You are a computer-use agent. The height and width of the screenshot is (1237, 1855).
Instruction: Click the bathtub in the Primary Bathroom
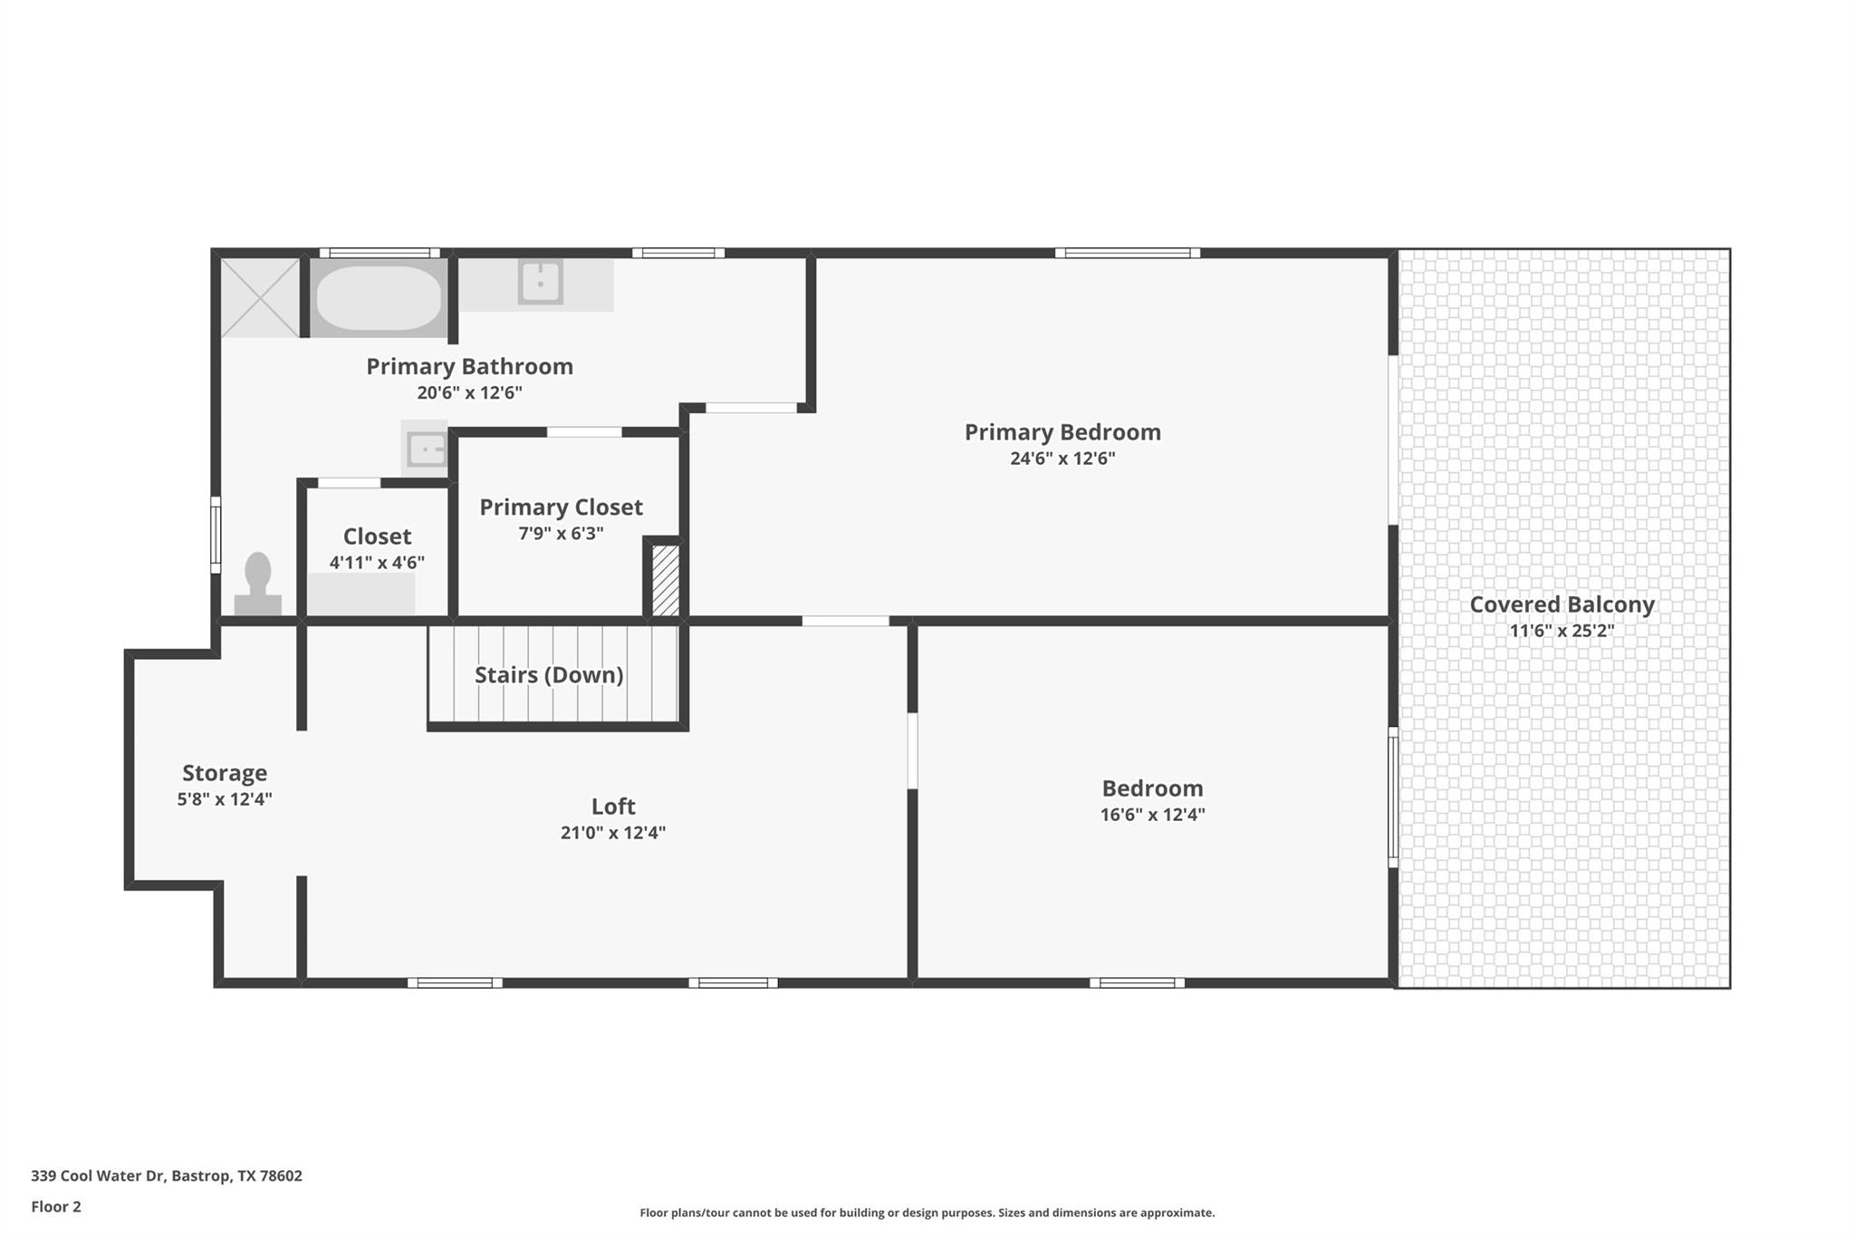pyautogui.click(x=379, y=298)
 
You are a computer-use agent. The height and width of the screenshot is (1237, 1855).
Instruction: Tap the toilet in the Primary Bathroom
pyautogui.click(x=258, y=584)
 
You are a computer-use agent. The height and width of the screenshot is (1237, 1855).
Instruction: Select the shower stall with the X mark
pyautogui.click(x=260, y=298)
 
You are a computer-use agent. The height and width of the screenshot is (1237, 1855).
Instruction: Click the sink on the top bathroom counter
pyautogui.click(x=541, y=282)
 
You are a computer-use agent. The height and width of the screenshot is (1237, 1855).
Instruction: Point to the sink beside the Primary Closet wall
pyautogui.click(x=426, y=449)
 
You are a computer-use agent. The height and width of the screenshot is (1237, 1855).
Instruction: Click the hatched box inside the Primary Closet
pyautogui.click(x=666, y=580)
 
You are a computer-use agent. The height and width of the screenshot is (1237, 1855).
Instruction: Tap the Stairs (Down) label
pyautogui.click(x=549, y=675)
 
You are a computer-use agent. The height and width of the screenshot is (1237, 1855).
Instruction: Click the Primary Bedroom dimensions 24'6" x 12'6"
pyautogui.click(x=1062, y=459)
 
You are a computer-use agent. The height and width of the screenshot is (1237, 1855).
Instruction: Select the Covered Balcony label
pyautogui.click(x=1562, y=604)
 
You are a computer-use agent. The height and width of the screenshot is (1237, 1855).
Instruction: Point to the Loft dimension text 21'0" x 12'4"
pyautogui.click(x=613, y=833)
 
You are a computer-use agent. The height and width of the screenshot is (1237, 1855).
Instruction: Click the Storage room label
pyautogui.click(x=225, y=773)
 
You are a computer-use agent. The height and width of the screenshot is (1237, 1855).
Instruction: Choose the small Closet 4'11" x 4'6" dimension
pyautogui.click(x=377, y=563)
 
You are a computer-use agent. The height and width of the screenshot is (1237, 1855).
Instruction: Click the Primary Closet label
pyautogui.click(x=561, y=507)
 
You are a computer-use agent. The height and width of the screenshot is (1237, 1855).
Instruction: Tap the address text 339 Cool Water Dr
pyautogui.click(x=98, y=1175)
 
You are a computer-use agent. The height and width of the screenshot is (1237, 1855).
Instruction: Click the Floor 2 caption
pyautogui.click(x=56, y=1206)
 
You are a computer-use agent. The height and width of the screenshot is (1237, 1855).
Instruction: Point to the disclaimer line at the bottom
pyautogui.click(x=927, y=1213)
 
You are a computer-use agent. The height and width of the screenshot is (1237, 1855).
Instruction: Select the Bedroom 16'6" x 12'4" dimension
pyautogui.click(x=1152, y=815)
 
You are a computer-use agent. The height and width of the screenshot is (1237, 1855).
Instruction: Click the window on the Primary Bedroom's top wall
pyautogui.click(x=1128, y=253)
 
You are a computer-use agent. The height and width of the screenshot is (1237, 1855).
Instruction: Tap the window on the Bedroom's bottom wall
pyautogui.click(x=1137, y=982)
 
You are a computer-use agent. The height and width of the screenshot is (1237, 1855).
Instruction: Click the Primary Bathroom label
pyautogui.click(x=469, y=367)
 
